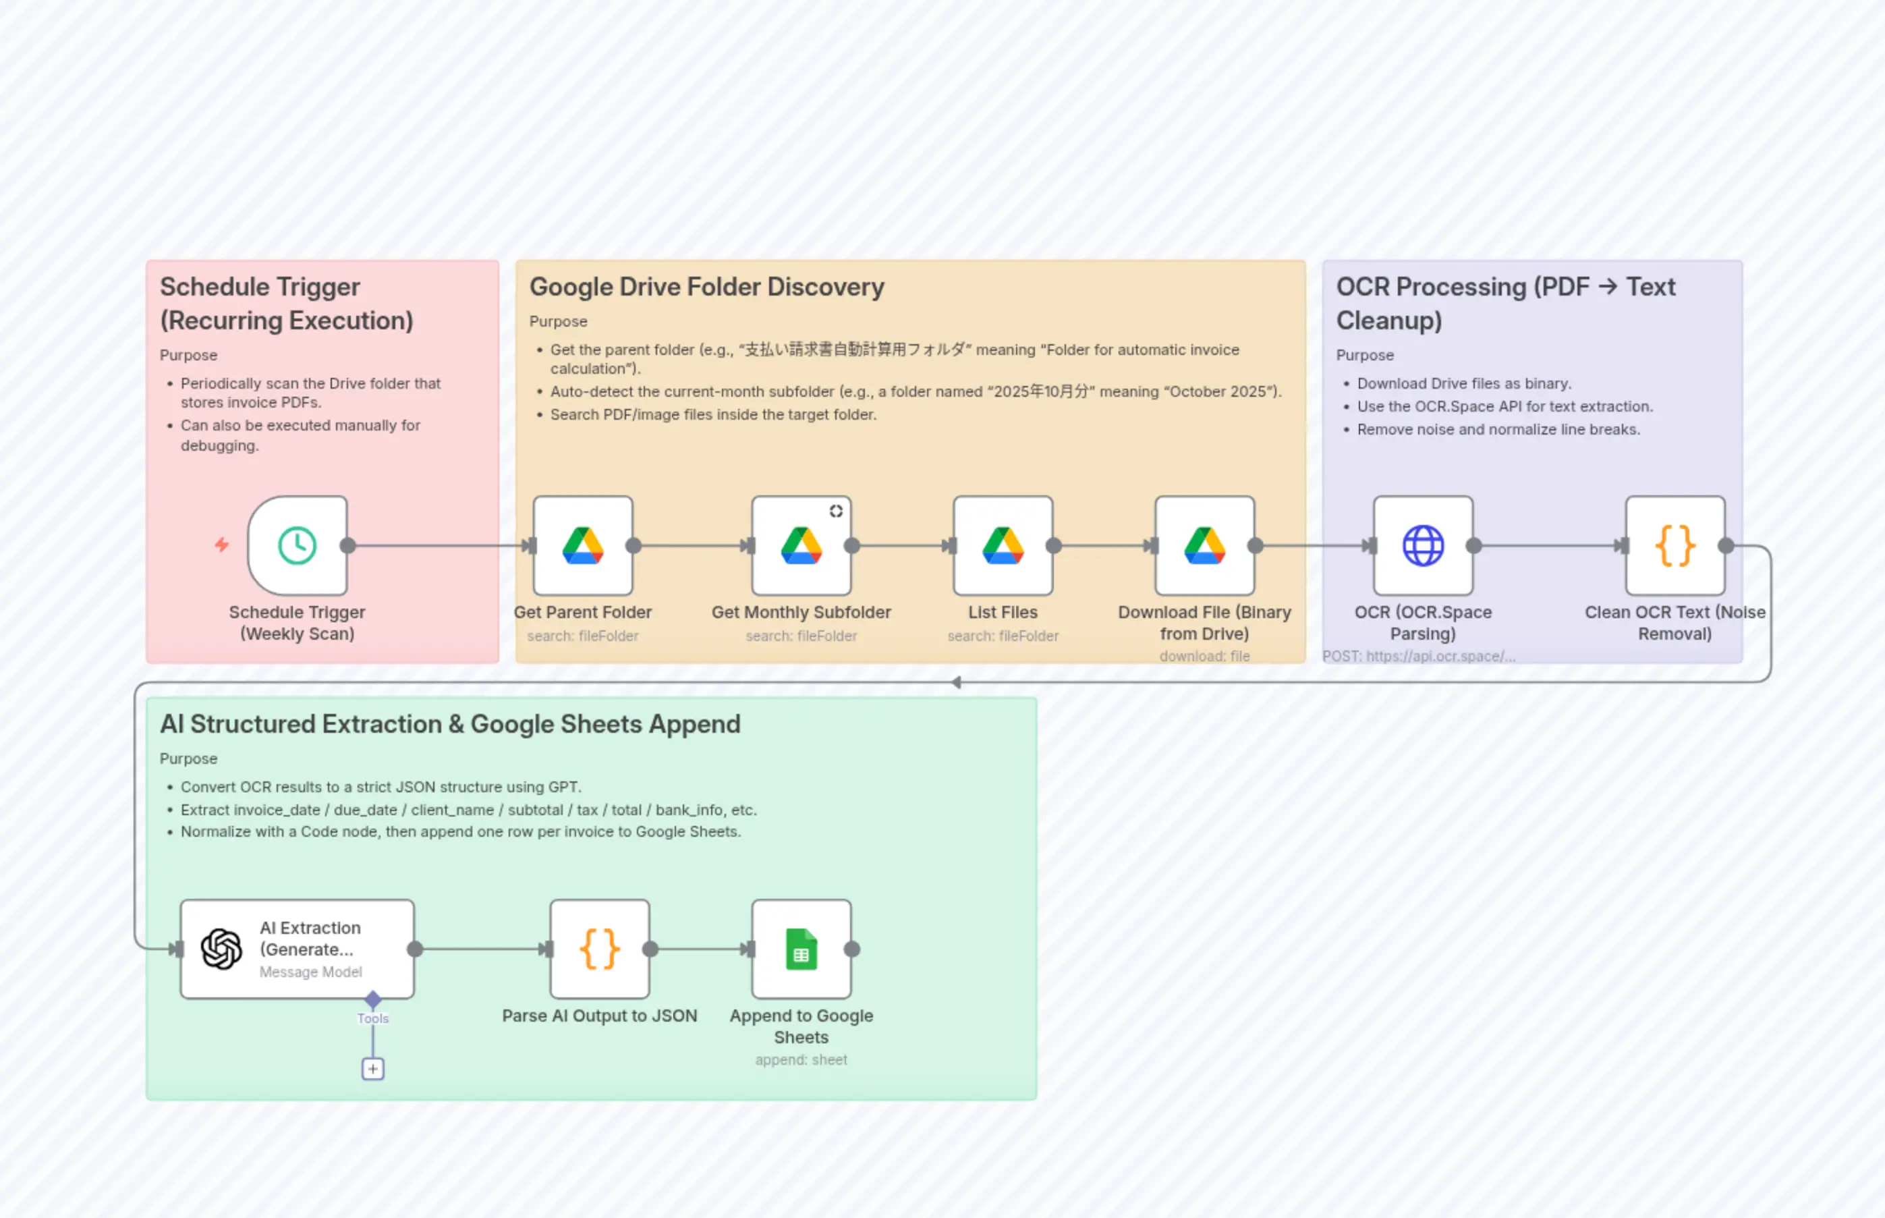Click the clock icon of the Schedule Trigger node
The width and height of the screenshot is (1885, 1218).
coord(298,546)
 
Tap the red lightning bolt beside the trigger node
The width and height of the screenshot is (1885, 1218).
coord(222,545)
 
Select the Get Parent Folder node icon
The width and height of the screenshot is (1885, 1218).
coord(583,546)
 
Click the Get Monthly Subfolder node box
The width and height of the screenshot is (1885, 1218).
coord(801,546)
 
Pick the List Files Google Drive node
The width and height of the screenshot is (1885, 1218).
coord(1003,546)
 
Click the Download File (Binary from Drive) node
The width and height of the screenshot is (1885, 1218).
coord(1204,546)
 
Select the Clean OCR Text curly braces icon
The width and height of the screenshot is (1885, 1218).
coord(1675,546)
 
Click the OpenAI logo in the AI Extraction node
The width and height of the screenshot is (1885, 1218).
coord(221,949)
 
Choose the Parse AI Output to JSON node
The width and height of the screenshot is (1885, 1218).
coord(599,949)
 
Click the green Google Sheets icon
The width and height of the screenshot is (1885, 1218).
coord(801,949)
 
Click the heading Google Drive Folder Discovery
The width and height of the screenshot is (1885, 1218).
coord(706,287)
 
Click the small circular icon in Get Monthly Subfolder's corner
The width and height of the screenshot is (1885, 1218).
coord(836,511)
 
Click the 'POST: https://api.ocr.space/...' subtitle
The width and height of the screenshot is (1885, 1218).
coord(1419,657)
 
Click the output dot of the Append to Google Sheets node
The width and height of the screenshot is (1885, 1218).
coord(851,949)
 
